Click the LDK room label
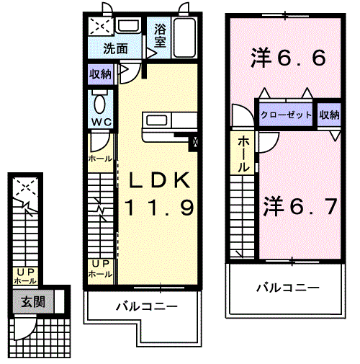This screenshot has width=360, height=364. point(160,179)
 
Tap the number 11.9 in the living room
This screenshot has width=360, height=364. point(160,209)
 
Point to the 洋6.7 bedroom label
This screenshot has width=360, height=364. point(299,207)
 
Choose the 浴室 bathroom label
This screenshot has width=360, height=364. point(159,36)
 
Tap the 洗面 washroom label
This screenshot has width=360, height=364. point(115,50)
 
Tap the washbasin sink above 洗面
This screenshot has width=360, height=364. point(128,27)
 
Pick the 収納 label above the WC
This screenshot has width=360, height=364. point(100,74)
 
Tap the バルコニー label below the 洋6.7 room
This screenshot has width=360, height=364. point(287,288)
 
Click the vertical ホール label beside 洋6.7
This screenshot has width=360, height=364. point(244,154)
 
